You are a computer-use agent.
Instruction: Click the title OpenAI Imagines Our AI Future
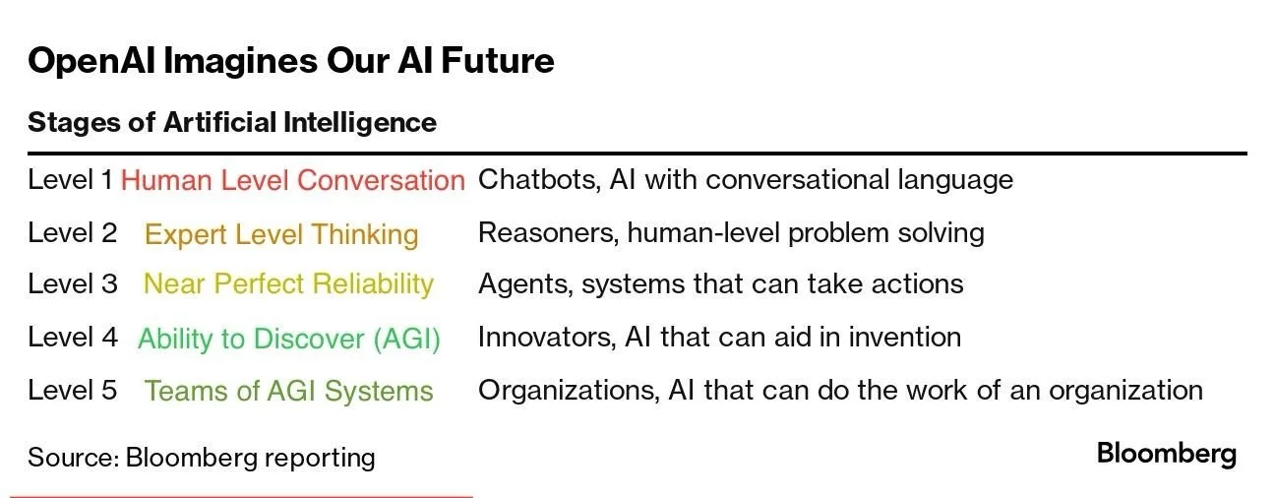click(290, 61)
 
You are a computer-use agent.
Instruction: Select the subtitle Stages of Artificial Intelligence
click(231, 122)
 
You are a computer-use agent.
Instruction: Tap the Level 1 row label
click(70, 180)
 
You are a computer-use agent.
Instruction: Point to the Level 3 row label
click(72, 284)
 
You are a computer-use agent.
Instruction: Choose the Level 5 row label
click(72, 390)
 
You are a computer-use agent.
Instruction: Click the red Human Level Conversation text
click(292, 181)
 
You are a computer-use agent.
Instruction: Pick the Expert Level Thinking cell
click(281, 234)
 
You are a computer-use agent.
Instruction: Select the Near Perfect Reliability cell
click(288, 284)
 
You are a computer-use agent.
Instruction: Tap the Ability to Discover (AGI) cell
click(288, 339)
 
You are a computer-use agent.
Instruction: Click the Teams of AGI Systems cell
click(288, 391)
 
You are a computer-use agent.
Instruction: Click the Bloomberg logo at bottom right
click(1166, 454)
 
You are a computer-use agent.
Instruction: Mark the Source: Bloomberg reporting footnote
click(201, 458)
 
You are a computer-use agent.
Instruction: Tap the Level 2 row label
click(72, 233)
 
